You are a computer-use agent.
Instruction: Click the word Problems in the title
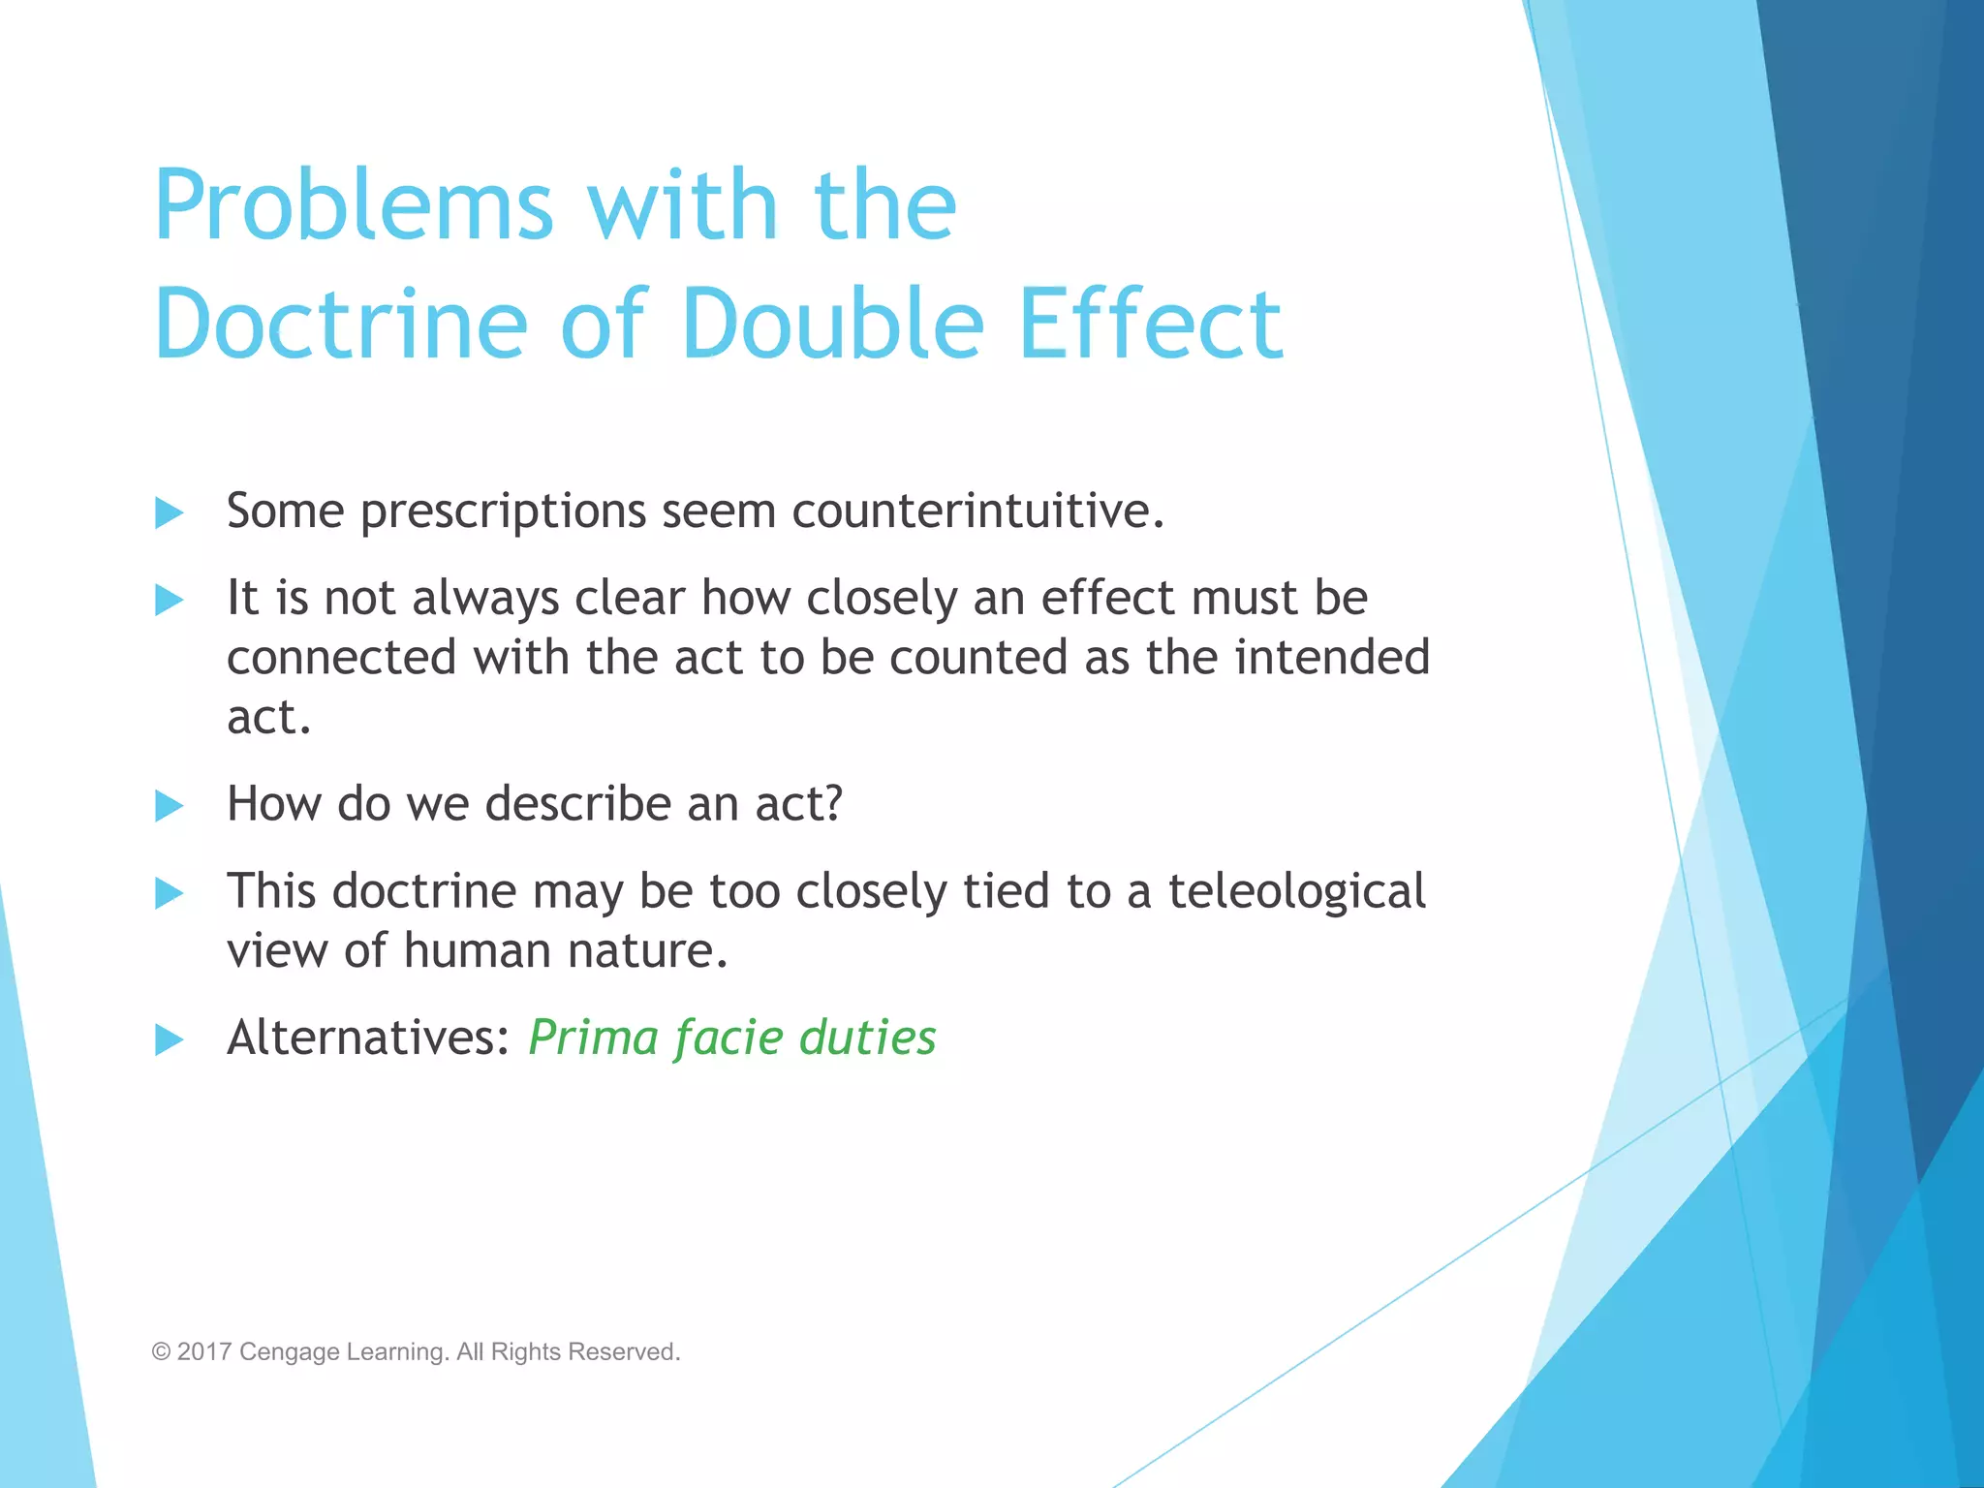coord(354,206)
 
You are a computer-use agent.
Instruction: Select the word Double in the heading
coord(832,325)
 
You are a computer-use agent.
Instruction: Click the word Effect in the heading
coord(1151,325)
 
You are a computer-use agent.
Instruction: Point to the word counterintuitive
coord(977,511)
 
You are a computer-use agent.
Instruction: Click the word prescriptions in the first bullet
coord(503,512)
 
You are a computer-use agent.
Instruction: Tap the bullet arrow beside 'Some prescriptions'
coord(170,512)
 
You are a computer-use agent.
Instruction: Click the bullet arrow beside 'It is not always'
coord(170,600)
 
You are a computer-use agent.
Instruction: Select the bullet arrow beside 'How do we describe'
coord(170,805)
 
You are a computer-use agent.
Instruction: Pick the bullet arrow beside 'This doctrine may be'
coord(170,892)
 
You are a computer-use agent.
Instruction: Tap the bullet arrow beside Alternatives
coord(170,1039)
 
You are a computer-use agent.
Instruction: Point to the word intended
coord(1332,658)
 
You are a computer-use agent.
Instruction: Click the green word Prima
coord(594,1038)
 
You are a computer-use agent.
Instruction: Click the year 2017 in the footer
coord(204,1351)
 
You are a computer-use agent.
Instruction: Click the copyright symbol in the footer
coord(161,1351)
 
